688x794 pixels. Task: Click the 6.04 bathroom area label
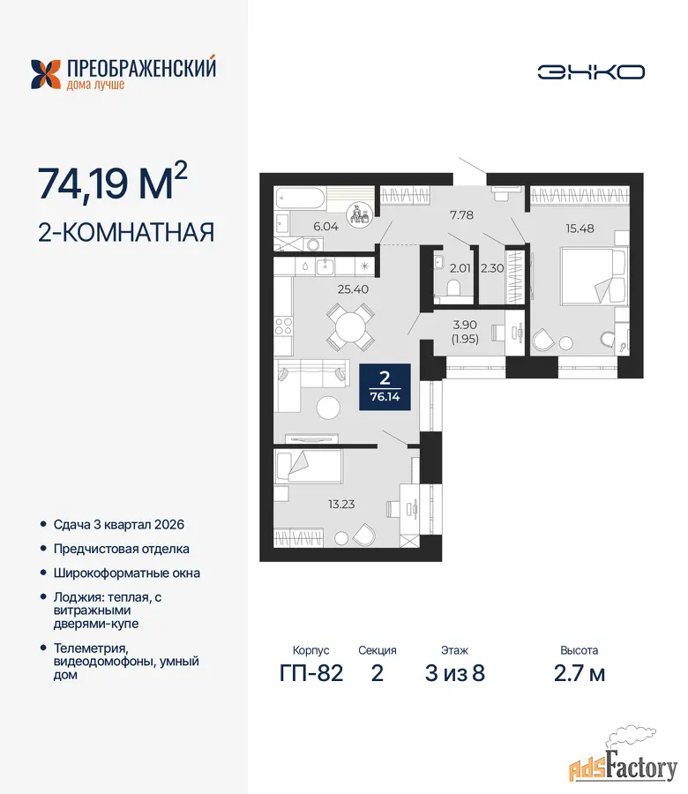(325, 227)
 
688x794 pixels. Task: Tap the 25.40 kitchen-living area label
(353, 289)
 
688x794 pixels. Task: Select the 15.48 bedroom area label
(580, 228)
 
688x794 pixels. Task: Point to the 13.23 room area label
(341, 504)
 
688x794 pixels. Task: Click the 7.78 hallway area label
(461, 214)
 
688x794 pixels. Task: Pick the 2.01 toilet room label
(460, 268)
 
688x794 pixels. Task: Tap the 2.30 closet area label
(492, 268)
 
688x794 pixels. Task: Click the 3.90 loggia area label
(465, 325)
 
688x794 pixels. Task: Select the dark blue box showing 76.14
(385, 387)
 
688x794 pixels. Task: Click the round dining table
(350, 326)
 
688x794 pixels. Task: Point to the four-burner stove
(283, 326)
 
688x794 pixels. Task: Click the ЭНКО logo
(591, 72)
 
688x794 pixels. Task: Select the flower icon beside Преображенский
(46, 74)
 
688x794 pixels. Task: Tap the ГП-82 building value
(311, 673)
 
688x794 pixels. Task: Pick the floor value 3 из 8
(454, 673)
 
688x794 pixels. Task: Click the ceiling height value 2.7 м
(580, 673)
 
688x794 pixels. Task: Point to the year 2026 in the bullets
(169, 525)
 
